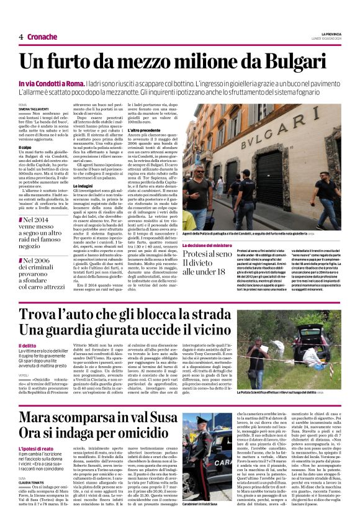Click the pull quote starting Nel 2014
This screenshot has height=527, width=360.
(x=43, y=228)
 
